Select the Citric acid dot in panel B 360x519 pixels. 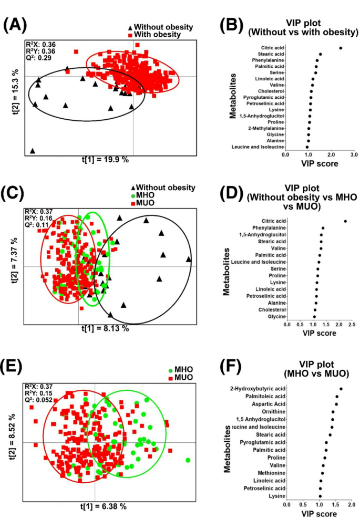click(x=341, y=48)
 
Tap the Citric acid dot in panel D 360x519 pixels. click(x=345, y=221)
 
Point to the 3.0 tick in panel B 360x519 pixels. click(x=354, y=155)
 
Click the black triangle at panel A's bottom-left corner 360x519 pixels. click(x=33, y=151)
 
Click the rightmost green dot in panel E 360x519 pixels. click(x=188, y=461)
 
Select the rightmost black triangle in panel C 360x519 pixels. click(x=189, y=259)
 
